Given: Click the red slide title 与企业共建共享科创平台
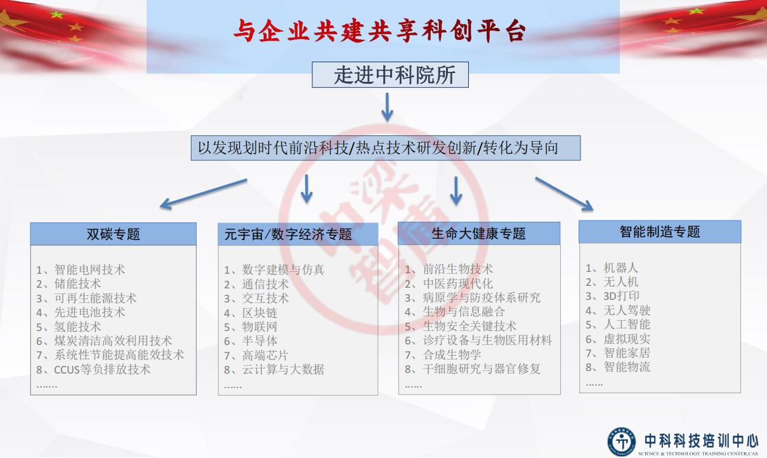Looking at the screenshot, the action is (379, 31).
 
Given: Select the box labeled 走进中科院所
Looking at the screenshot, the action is (390, 75).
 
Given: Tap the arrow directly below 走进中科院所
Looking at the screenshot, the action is (387, 107).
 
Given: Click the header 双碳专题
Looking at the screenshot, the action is (114, 234).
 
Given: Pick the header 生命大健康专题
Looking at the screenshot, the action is (479, 234).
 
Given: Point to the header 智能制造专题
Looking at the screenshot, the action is (660, 232).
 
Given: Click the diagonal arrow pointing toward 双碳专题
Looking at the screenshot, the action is (204, 194).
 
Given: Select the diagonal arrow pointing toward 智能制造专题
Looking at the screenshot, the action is (564, 194).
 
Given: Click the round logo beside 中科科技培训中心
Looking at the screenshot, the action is (621, 441).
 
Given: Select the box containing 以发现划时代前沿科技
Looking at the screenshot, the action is (386, 148).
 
